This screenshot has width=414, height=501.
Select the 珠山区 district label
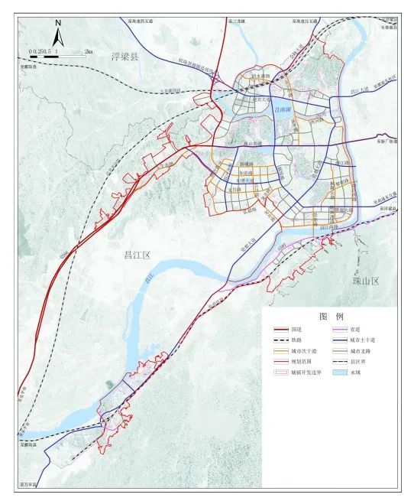366,281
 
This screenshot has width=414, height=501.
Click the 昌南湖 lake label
281,109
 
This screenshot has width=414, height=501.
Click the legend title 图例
331,316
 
